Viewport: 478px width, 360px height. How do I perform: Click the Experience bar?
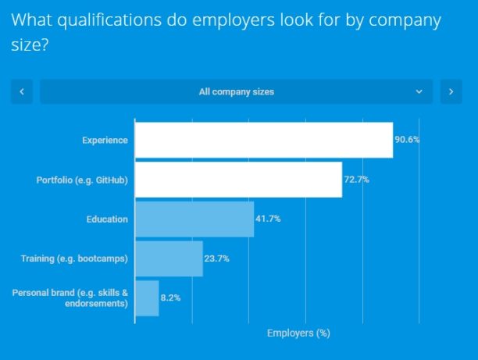tap(263, 141)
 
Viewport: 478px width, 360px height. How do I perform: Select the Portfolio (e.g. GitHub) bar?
tap(238, 180)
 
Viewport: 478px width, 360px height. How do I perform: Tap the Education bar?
tap(194, 219)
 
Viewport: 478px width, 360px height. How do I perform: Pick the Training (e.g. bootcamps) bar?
tap(169, 258)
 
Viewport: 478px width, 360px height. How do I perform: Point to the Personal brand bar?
tap(147, 298)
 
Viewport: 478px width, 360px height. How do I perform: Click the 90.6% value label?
tap(407, 140)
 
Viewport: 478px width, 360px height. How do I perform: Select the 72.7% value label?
tap(356, 180)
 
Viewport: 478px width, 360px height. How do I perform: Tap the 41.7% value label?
tap(268, 219)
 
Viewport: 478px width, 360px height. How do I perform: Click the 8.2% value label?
tap(170, 298)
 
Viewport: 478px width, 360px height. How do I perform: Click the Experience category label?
tap(105, 141)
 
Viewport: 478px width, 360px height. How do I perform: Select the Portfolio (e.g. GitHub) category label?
tap(82, 180)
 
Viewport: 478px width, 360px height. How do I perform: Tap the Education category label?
tap(107, 219)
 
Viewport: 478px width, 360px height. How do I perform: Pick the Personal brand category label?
tap(70, 298)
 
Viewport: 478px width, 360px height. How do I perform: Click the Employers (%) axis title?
tap(298, 333)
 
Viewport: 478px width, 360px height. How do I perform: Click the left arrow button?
tap(21, 91)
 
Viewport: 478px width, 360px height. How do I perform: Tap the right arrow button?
tap(451, 91)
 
